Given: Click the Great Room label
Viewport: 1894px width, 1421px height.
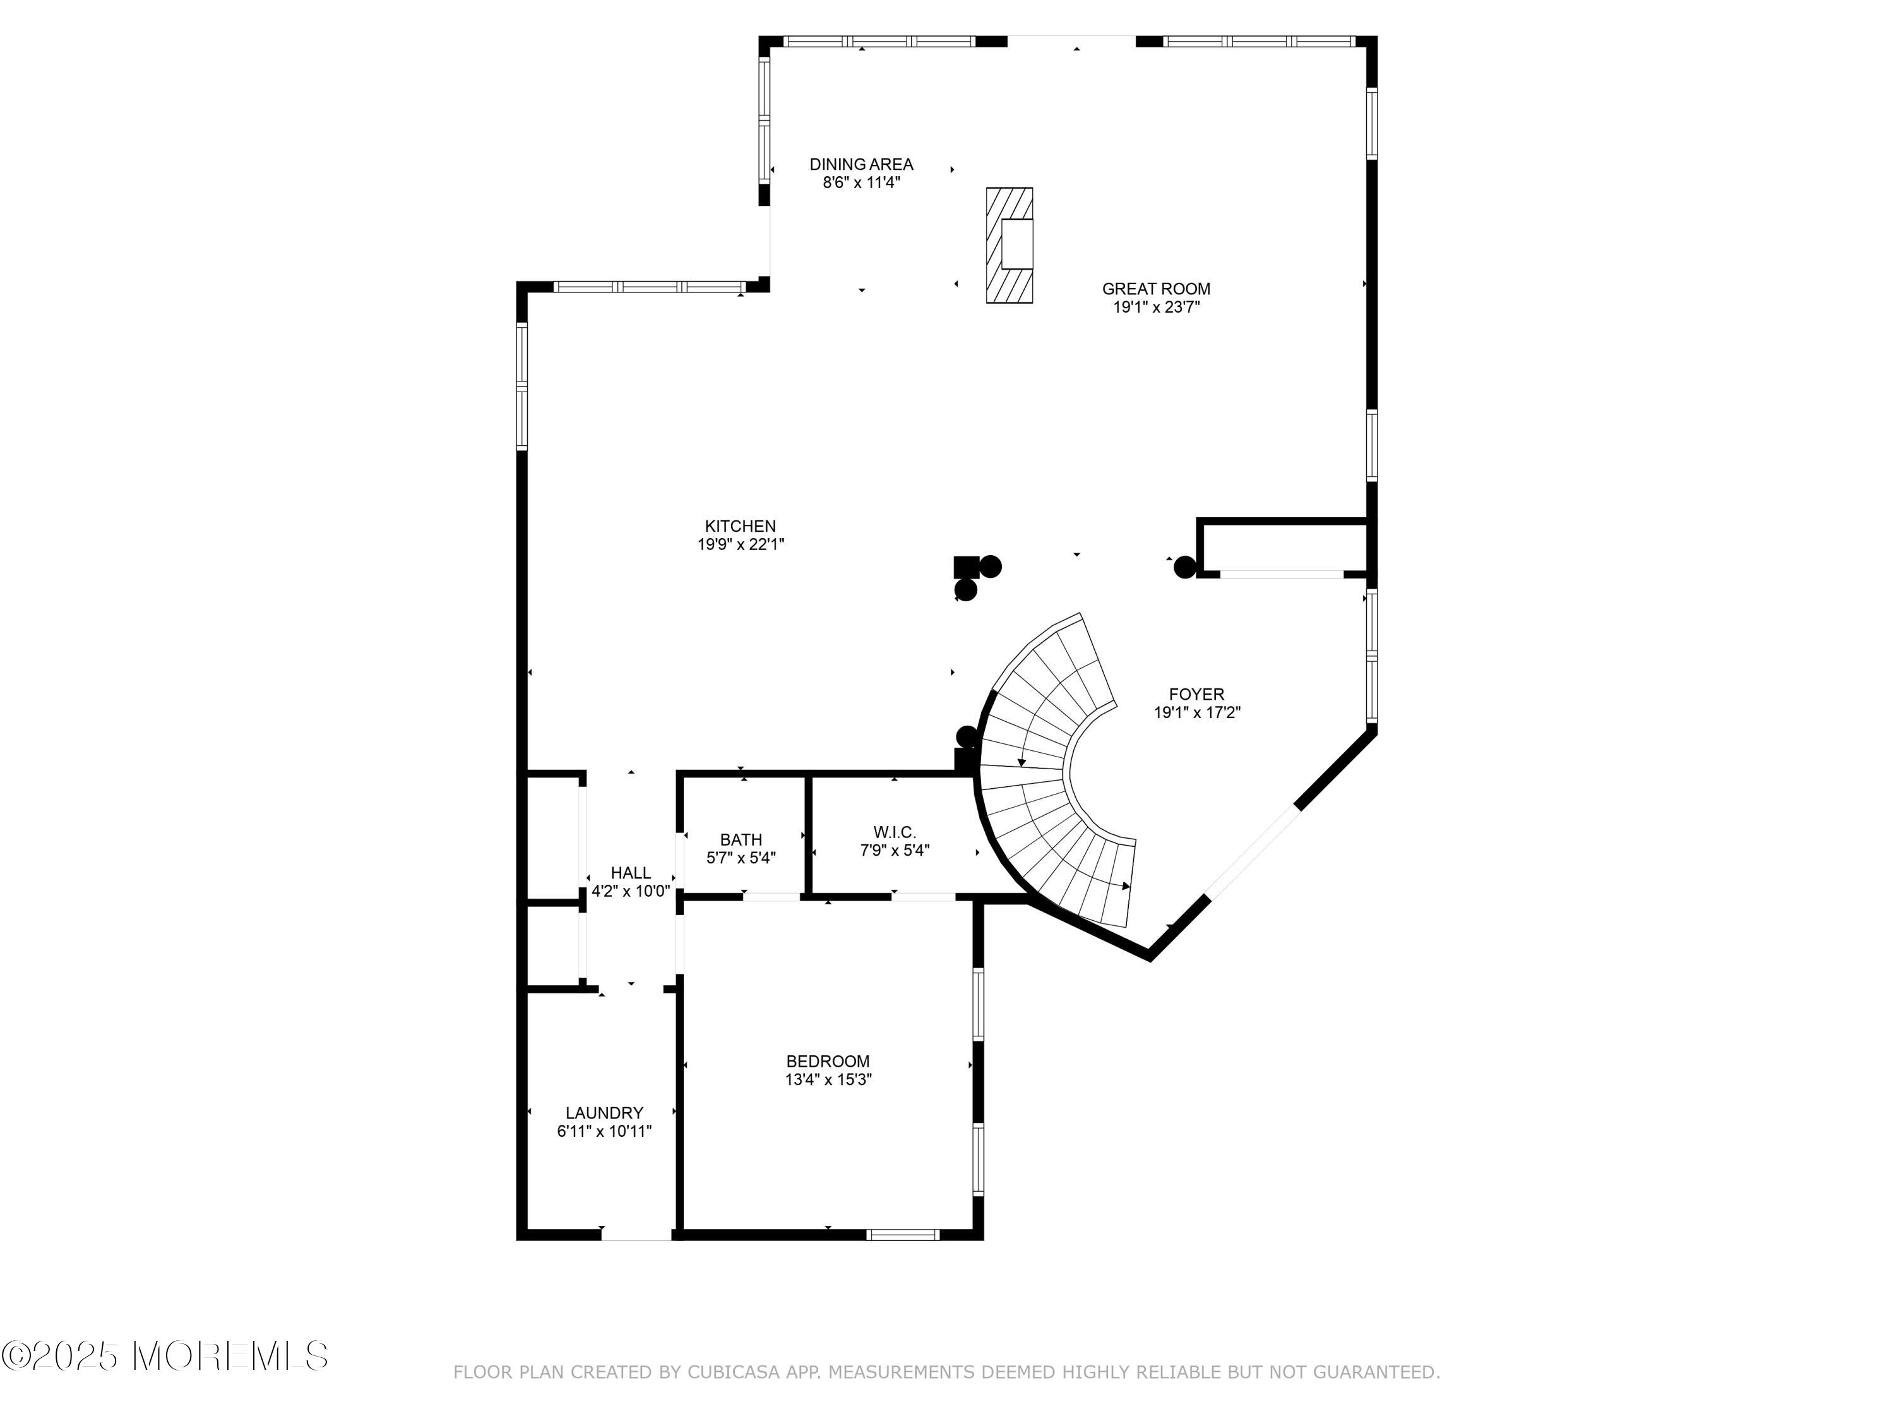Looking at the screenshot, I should pyautogui.click(x=1155, y=289).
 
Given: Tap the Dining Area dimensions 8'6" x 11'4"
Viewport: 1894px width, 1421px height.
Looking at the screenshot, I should pyautogui.click(x=861, y=183).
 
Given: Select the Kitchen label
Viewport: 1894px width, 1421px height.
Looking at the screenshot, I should pyautogui.click(x=740, y=526).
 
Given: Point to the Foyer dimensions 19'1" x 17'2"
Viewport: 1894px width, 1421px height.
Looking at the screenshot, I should pyautogui.click(x=1196, y=712).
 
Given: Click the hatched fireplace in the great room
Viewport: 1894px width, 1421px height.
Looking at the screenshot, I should pyautogui.click(x=1009, y=245).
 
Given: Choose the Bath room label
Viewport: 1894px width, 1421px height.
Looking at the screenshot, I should pyautogui.click(x=740, y=839).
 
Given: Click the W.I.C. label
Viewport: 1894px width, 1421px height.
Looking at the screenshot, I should pyautogui.click(x=894, y=832).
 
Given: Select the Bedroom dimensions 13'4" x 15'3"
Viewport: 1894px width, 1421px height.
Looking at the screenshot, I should pyautogui.click(x=827, y=1080).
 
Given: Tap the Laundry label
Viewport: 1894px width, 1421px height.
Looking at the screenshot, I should pyautogui.click(x=604, y=1113).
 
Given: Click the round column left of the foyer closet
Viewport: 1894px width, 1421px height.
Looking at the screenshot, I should pyautogui.click(x=1184, y=567).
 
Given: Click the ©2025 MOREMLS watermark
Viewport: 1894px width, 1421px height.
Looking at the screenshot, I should pyautogui.click(x=164, y=1357).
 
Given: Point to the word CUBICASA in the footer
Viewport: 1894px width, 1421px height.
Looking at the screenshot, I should pyautogui.click(x=733, y=1372).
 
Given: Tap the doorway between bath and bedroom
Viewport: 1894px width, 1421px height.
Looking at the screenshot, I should pyautogui.click(x=771, y=897).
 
